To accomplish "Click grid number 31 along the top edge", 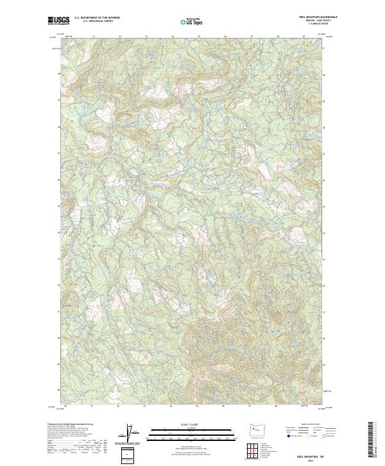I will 94,37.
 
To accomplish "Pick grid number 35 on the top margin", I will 199,37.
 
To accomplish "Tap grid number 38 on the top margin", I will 277,37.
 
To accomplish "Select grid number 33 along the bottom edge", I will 145,406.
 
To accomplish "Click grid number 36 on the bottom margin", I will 225,406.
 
